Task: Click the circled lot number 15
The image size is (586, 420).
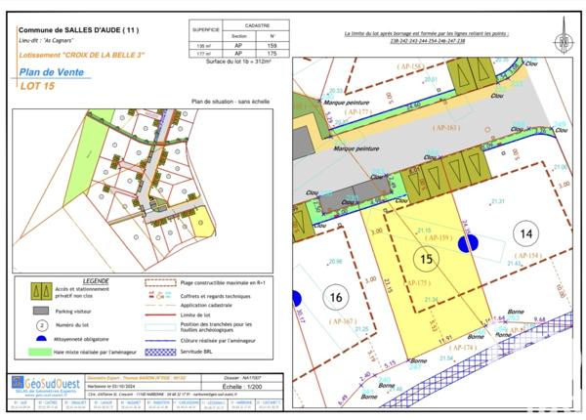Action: tap(425, 259)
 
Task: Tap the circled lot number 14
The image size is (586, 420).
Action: tap(525, 233)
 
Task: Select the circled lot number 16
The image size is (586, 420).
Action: tap(336, 298)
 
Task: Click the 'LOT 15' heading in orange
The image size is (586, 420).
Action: tap(39, 87)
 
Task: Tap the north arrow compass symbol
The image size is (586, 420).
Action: tap(563, 41)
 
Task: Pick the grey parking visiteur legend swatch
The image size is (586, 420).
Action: tap(41, 310)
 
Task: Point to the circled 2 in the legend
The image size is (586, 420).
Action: tap(41, 323)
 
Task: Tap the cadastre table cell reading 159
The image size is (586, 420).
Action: tap(272, 46)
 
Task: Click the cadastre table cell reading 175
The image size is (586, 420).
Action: tap(272, 54)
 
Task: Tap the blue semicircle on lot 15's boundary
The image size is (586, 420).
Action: tap(463, 246)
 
